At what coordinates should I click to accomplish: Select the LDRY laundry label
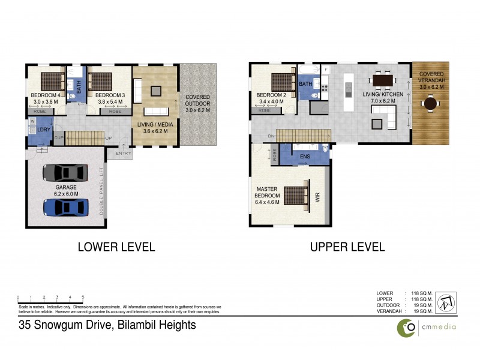[x=43, y=130]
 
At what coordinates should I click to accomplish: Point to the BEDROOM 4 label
[x=46, y=95]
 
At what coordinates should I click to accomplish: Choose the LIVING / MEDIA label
[x=155, y=125]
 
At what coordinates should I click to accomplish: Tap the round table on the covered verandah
[x=430, y=104]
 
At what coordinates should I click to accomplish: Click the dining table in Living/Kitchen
[x=382, y=80]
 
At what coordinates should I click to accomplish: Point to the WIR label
[x=318, y=196]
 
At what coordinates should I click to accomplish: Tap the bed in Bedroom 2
[x=281, y=81]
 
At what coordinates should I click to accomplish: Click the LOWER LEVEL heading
[x=116, y=247]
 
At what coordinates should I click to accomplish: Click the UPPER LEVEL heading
[x=347, y=247]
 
